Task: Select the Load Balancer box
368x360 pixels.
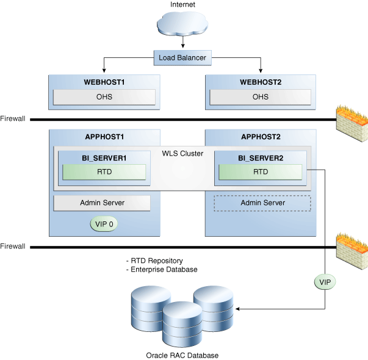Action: tap(182, 59)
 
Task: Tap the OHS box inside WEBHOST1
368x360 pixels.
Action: tap(104, 97)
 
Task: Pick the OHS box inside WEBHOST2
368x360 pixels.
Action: tap(261, 97)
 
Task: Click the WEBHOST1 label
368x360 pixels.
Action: tap(104, 82)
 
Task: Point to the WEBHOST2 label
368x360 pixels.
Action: tap(261, 82)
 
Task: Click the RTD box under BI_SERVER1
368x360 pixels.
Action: tap(104, 172)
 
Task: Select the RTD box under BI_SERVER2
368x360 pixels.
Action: tap(261, 172)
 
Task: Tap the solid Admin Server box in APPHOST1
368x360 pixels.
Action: tap(103, 203)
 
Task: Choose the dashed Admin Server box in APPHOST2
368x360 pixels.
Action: tap(262, 203)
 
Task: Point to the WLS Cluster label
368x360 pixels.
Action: tap(182, 153)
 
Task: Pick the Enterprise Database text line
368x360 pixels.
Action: tap(161, 270)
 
